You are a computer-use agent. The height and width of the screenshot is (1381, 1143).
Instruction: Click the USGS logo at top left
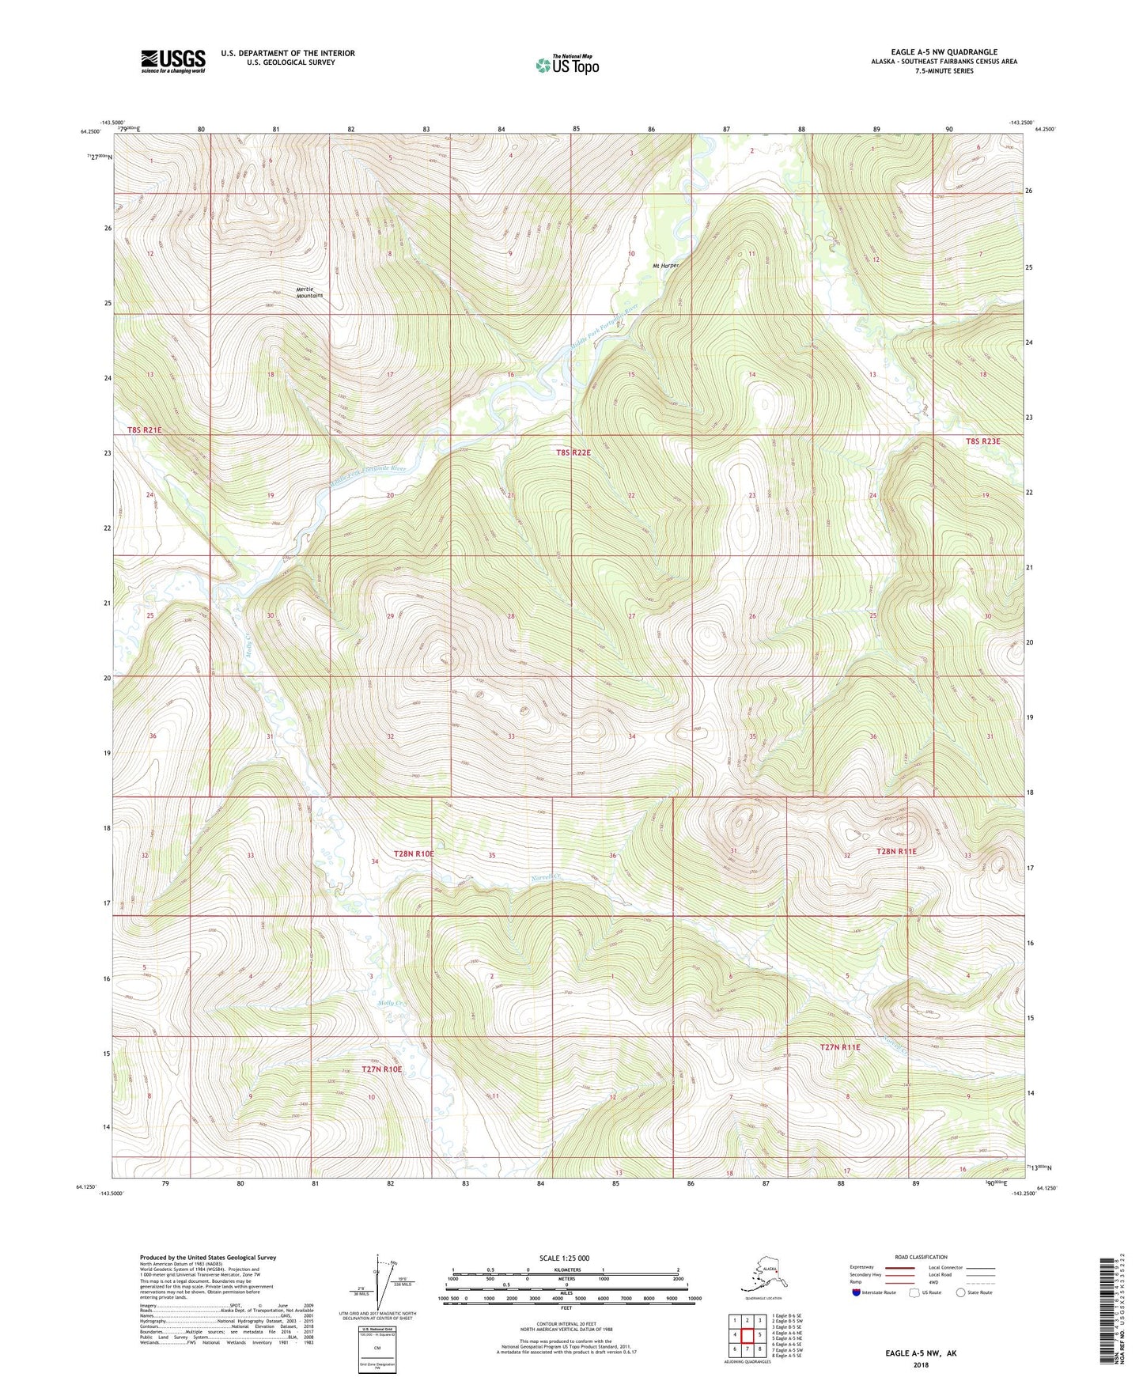(173, 61)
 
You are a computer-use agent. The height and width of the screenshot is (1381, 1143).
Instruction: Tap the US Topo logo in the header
(566, 65)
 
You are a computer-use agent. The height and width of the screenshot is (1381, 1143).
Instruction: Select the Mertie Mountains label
(309, 292)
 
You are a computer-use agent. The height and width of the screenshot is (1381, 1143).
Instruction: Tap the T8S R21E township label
(144, 430)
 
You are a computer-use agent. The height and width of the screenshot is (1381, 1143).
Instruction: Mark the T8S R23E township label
(982, 441)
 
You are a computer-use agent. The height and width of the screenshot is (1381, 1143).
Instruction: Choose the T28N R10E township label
(414, 854)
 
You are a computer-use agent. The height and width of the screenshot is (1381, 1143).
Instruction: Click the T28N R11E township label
(896, 852)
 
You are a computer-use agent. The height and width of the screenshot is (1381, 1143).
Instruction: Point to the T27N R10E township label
(382, 1069)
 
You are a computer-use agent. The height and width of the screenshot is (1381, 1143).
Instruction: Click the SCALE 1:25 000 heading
(564, 1258)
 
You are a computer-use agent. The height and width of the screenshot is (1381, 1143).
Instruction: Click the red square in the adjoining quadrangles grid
(747, 1335)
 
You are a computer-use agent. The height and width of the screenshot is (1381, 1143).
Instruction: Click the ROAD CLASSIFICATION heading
(920, 1257)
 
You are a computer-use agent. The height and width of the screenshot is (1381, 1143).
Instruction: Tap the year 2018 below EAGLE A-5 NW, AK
(921, 1364)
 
